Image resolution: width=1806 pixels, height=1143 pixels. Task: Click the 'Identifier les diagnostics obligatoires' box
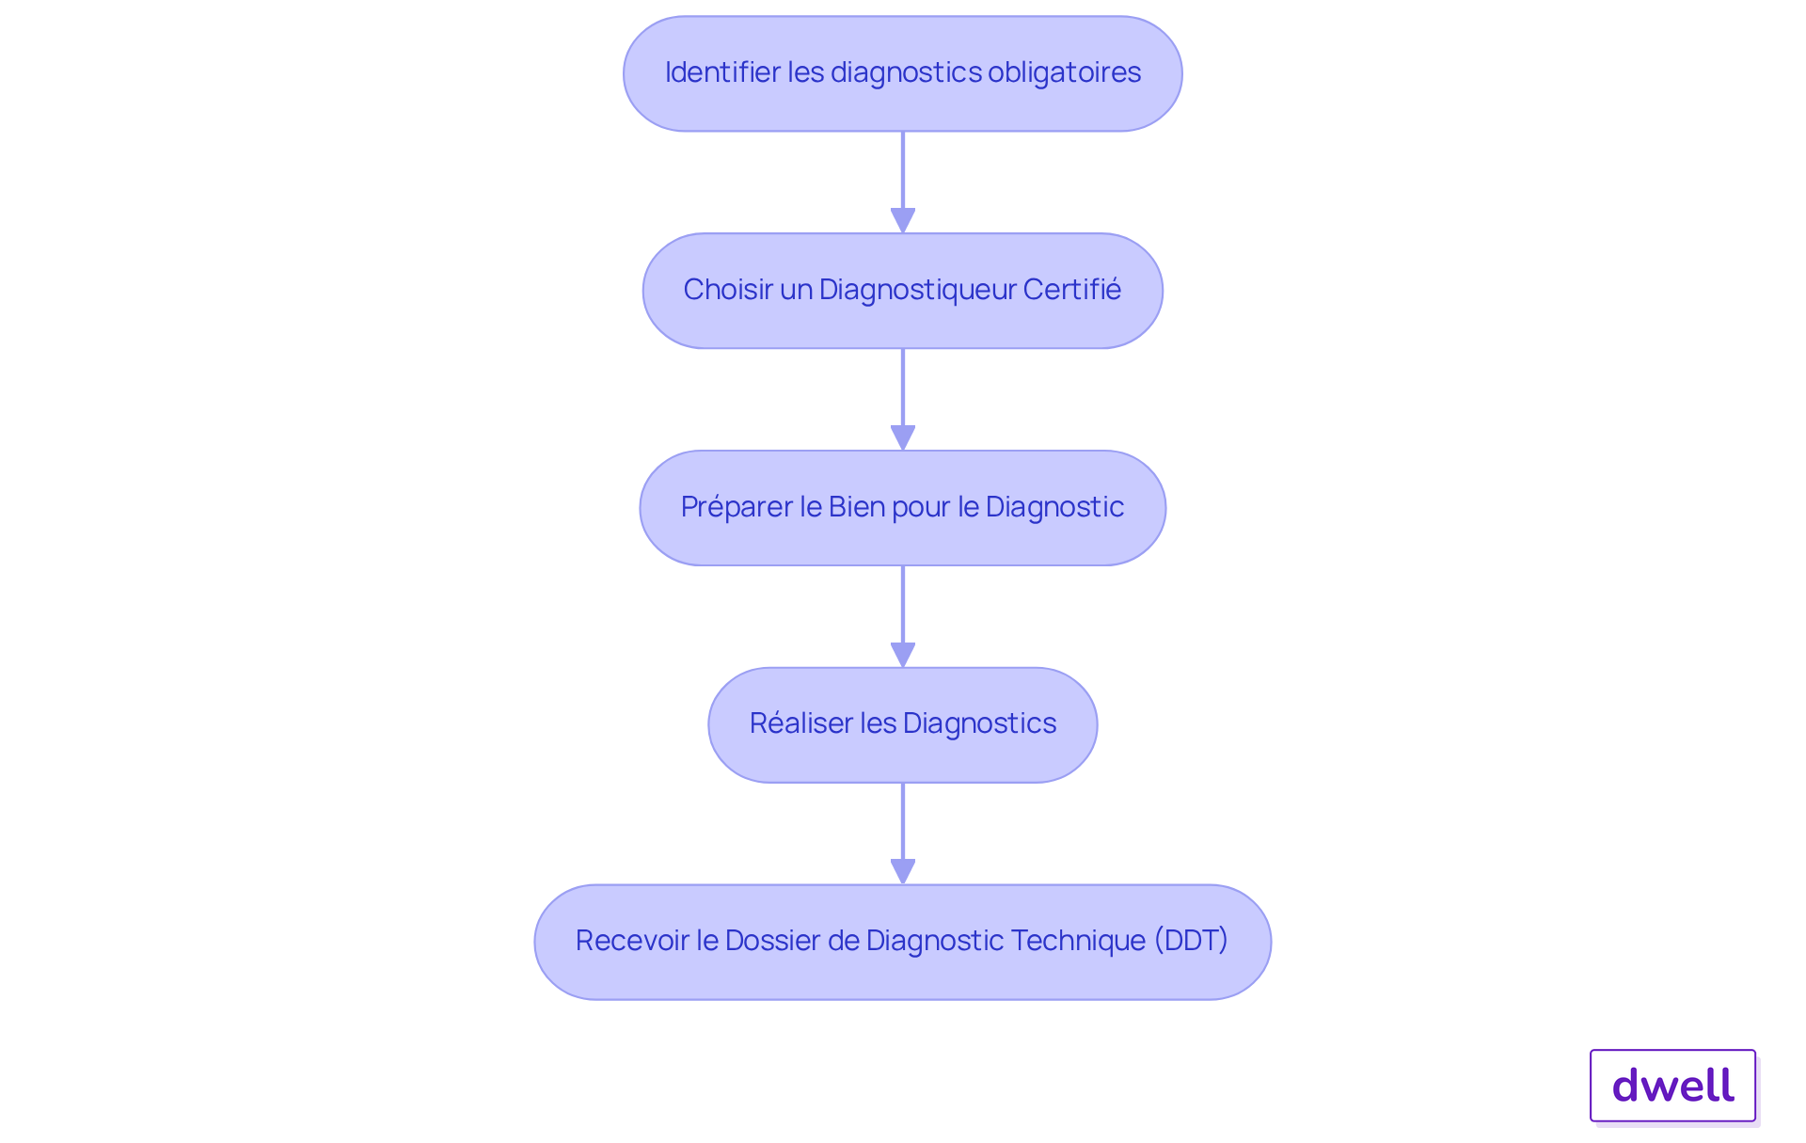pos(902,73)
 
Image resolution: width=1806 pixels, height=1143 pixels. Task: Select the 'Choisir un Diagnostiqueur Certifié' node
pos(902,291)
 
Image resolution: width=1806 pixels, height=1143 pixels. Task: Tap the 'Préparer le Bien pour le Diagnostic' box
pos(902,508)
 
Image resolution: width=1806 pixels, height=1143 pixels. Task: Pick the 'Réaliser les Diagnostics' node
pos(902,724)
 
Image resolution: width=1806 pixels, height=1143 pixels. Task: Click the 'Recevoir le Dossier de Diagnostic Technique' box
pos(902,942)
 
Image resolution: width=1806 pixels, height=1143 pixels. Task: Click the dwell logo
pos(1672,1086)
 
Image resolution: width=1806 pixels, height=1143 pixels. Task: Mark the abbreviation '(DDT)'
pos(1191,941)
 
